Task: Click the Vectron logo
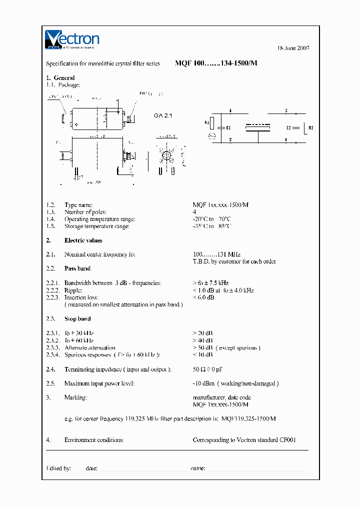click(x=72, y=39)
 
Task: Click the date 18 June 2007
click(x=293, y=48)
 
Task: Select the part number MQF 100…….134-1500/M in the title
click(x=216, y=63)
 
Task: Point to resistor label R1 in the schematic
click(x=206, y=122)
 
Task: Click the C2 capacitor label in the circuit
click(x=289, y=127)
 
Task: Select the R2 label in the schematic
click(x=311, y=127)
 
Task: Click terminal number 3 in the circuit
click(x=285, y=110)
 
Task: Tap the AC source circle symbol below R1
click(x=211, y=136)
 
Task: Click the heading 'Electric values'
click(x=83, y=240)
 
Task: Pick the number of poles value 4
click(x=194, y=212)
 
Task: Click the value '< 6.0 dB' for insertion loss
click(x=203, y=297)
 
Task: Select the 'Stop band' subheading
click(x=77, y=318)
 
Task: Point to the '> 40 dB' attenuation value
click(x=202, y=340)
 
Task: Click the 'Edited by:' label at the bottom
click(x=58, y=468)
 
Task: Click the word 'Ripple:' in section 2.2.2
click(x=73, y=290)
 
